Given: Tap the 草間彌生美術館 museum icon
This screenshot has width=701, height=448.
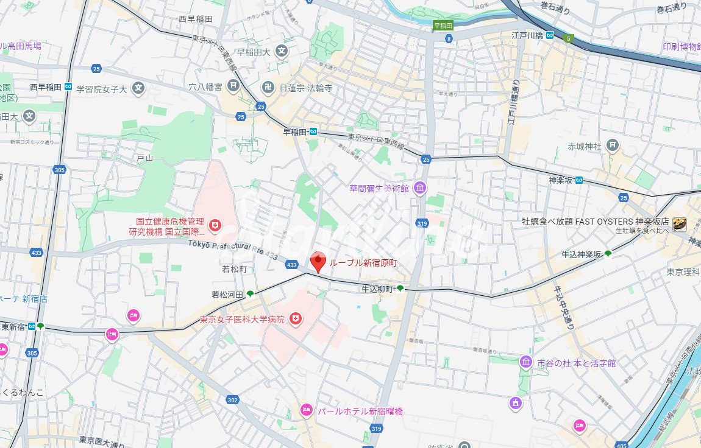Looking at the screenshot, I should (419, 189).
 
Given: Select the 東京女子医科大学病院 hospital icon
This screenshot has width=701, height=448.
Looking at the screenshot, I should (296, 318).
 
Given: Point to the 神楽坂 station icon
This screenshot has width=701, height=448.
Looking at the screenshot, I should (578, 180).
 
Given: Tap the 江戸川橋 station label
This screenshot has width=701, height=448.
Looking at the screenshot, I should (527, 35).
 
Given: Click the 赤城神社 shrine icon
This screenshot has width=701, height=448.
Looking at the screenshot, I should (613, 145).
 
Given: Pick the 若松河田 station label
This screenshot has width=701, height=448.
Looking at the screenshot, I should (227, 295).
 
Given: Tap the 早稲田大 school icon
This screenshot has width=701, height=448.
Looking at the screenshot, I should (281, 52).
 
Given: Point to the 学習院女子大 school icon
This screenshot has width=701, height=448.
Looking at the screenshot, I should (139, 89).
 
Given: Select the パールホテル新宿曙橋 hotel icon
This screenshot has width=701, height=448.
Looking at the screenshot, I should (306, 411).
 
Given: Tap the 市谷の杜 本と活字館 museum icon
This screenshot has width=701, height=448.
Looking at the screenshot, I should (525, 363).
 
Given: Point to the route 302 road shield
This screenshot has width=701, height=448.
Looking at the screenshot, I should (232, 400).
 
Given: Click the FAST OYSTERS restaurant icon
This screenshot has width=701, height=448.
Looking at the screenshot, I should (680, 223).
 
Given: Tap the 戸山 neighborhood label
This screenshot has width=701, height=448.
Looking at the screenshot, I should (144, 158).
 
